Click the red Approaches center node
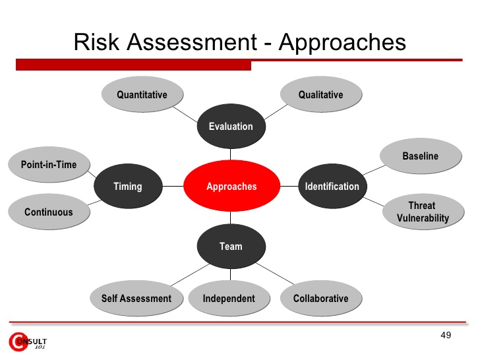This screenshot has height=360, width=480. tap(231, 186)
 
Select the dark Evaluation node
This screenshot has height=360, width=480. tap(231, 126)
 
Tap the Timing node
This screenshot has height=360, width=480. tap(128, 186)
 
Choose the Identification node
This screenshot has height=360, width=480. tap(332, 186)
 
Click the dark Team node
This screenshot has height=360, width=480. tap(231, 247)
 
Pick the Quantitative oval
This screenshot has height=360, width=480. tap(142, 94)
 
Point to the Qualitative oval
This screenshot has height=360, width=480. tap(321, 94)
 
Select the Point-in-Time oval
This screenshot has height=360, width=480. tap(49, 164)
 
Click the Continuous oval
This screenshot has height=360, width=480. tap(49, 212)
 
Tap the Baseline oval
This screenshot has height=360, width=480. tap(421, 156)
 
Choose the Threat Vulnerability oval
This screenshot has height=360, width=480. tap(423, 212)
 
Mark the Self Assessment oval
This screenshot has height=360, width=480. tap(136, 298)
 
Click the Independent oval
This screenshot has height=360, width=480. tap(229, 298)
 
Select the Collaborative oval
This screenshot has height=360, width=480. tap(321, 298)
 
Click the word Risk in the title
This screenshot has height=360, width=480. tap(96, 42)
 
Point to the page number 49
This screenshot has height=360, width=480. tap(446, 335)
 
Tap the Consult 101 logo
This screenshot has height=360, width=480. tap(28, 342)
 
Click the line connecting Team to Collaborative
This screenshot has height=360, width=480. tap(275, 274)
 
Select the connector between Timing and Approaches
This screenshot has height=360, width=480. tap(173, 186)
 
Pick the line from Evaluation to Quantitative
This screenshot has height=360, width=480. tap(185, 115)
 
